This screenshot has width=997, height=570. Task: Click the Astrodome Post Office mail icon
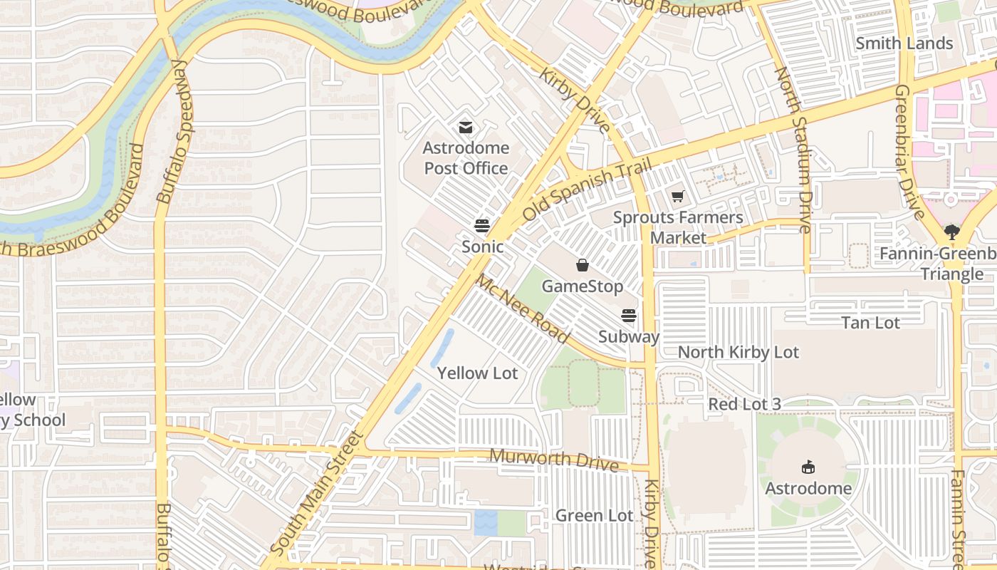(466, 128)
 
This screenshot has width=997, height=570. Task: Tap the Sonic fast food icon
(482, 226)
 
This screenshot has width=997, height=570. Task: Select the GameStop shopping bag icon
(583, 266)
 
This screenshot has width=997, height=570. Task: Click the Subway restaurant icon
(629, 315)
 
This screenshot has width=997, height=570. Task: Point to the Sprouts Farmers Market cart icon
(677, 196)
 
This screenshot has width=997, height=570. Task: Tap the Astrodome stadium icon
(808, 467)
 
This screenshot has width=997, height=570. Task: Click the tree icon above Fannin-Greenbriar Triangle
(951, 231)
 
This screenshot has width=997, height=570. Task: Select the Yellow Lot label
(477, 373)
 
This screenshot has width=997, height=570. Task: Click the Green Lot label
(594, 515)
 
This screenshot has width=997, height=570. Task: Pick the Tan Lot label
(870, 323)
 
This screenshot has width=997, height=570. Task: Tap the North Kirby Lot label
(738, 352)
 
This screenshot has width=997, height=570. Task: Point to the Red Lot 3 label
(744, 404)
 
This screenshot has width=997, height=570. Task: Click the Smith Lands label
(904, 43)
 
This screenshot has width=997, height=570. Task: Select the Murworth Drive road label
(554, 460)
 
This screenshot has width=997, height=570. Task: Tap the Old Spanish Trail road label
(588, 190)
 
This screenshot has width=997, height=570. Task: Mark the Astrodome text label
(808, 488)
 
